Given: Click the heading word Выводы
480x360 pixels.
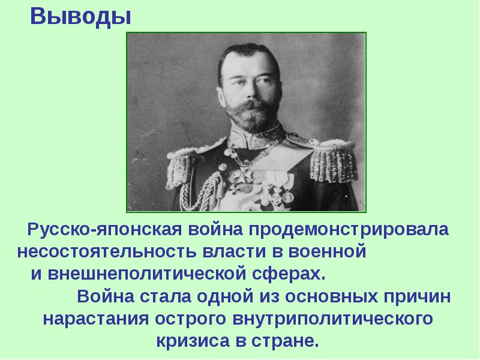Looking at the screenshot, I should [80, 16].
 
